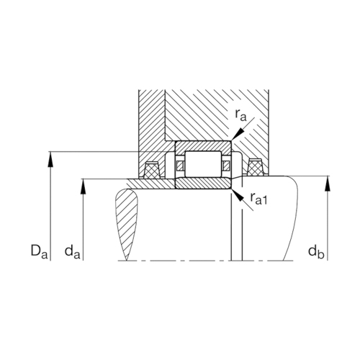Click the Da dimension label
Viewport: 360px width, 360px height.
(40, 251)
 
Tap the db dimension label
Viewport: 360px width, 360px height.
(316, 252)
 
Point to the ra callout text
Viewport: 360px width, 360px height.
(240, 115)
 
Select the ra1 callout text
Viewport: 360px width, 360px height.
(258, 198)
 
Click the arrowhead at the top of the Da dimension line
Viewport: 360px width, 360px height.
(50, 158)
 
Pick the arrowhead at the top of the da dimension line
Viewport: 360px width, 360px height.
(83, 186)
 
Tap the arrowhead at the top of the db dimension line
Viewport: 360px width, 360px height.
(328, 184)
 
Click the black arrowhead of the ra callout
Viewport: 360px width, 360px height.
(237, 135)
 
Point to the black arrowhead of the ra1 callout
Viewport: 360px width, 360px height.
(237, 195)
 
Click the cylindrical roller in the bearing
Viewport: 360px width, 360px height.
(203, 164)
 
